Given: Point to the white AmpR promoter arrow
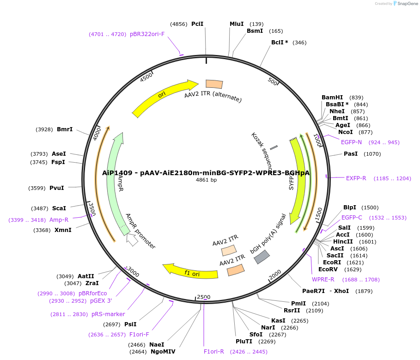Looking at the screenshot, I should [132, 240].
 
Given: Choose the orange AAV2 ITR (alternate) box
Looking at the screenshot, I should [214, 84].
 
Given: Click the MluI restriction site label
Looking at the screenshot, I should [237, 24].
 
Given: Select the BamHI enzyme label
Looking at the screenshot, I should [332, 98].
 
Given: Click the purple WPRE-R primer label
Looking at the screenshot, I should [323, 280].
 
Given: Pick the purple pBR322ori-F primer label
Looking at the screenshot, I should [147, 34].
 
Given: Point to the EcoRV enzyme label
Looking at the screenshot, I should [328, 269].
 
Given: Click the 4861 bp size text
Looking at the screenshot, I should [207, 180].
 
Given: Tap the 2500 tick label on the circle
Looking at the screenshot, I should [203, 297].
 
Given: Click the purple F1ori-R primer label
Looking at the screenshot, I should [214, 352].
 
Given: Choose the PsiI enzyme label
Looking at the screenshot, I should [130, 324].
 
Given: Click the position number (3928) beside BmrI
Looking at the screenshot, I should [44, 129].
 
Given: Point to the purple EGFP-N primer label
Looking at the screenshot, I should [352, 142].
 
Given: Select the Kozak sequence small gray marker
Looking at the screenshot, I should [274, 148].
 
